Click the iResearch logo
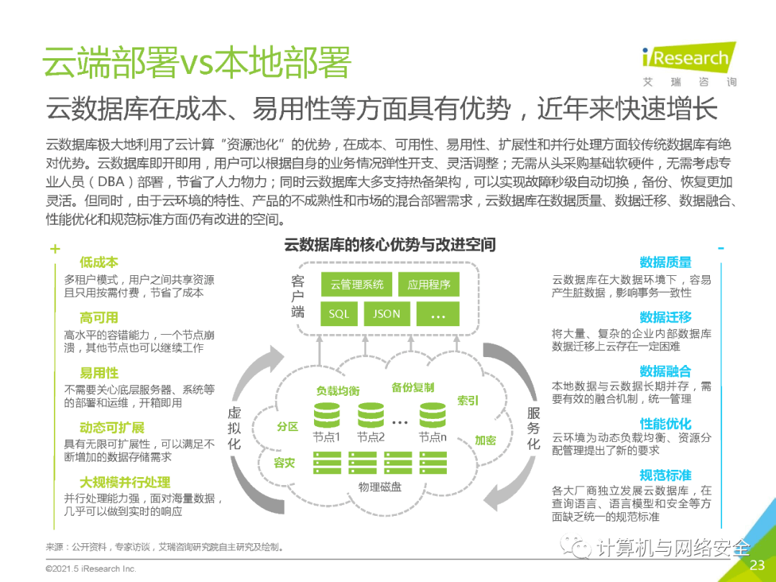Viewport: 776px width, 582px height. (689, 65)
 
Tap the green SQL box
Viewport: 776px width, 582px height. (339, 314)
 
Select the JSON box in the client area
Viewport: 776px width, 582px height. (387, 314)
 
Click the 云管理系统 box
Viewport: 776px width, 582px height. (356, 285)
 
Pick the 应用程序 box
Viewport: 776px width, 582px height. (428, 285)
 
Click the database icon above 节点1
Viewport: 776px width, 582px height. (327, 415)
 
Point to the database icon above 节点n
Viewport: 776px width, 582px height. (433, 415)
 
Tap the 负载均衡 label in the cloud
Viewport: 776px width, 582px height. (338, 391)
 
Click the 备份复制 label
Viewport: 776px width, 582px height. (412, 387)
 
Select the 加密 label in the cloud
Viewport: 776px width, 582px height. (485, 440)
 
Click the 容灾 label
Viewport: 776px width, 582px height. (284, 463)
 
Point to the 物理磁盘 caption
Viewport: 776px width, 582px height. (380, 487)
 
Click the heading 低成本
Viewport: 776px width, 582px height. (99, 262)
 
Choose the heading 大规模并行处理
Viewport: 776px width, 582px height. (125, 482)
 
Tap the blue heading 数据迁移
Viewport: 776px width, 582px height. (665, 317)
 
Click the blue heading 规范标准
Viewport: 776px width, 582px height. (665, 475)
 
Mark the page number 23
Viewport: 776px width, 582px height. (757, 565)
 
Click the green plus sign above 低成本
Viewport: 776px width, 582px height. (55, 249)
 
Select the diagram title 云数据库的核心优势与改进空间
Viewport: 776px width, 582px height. (390, 244)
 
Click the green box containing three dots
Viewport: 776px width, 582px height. (438, 314)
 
